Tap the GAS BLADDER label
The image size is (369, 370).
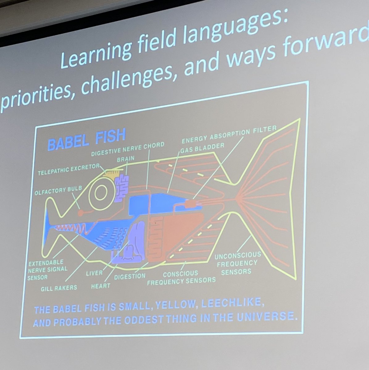[203, 148]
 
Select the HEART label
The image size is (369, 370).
[101, 286]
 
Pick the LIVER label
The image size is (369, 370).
[94, 273]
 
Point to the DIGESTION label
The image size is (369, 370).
[130, 276]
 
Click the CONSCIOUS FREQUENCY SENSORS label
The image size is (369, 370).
[181, 277]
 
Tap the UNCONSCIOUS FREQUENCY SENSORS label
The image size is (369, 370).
[238, 264]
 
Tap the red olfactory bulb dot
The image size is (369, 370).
[81, 212]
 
